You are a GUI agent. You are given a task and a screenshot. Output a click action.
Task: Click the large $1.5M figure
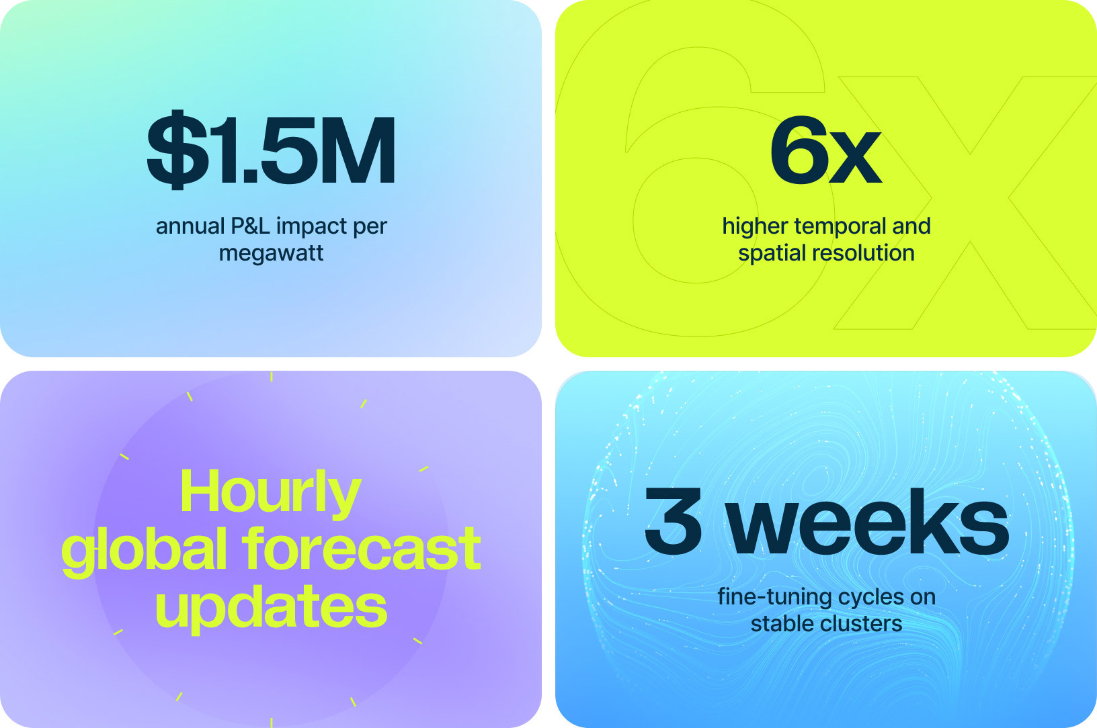click(x=271, y=150)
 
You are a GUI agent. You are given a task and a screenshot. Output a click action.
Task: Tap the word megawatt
click(x=271, y=254)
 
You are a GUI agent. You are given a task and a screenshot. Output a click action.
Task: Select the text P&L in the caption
click(x=251, y=226)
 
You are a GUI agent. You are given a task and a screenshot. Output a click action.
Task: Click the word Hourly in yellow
click(x=271, y=492)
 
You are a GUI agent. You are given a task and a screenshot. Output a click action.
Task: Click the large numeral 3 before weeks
click(x=673, y=520)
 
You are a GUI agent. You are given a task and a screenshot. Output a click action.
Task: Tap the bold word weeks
click(x=867, y=521)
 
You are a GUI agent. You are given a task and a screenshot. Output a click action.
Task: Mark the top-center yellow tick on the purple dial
click(x=272, y=377)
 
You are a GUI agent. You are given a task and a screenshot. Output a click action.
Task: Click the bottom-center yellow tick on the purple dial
click(x=272, y=723)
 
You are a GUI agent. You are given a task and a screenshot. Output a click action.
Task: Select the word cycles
click(x=868, y=598)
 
